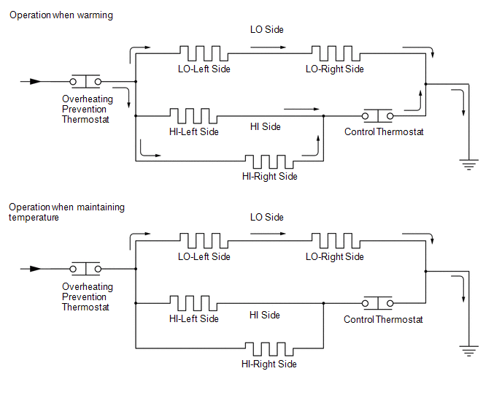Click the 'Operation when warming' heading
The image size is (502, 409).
[61, 15]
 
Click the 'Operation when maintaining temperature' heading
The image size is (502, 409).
[66, 212]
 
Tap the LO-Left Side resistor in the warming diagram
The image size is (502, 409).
[204, 53]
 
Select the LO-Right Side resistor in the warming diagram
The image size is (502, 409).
[335, 53]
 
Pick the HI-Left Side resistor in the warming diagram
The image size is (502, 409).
[193, 115]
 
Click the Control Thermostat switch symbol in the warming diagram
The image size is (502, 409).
[379, 115]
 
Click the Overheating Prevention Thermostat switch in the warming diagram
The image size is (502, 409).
[85, 82]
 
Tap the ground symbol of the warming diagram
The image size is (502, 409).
[467, 164]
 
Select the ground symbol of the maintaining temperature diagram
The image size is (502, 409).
[467, 351]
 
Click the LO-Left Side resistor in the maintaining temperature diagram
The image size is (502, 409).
[204, 241]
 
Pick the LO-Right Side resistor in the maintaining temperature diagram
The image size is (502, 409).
[335, 241]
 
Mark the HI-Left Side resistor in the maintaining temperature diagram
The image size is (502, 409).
[193, 303]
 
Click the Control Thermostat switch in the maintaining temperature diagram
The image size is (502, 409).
[379, 303]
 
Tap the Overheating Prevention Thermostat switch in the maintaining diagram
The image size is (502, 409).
[85, 269]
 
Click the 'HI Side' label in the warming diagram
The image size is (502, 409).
[265, 127]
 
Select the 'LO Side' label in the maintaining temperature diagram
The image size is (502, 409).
[266, 217]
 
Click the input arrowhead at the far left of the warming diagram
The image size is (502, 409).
[36, 82]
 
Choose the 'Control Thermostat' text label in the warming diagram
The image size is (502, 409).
[383, 132]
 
